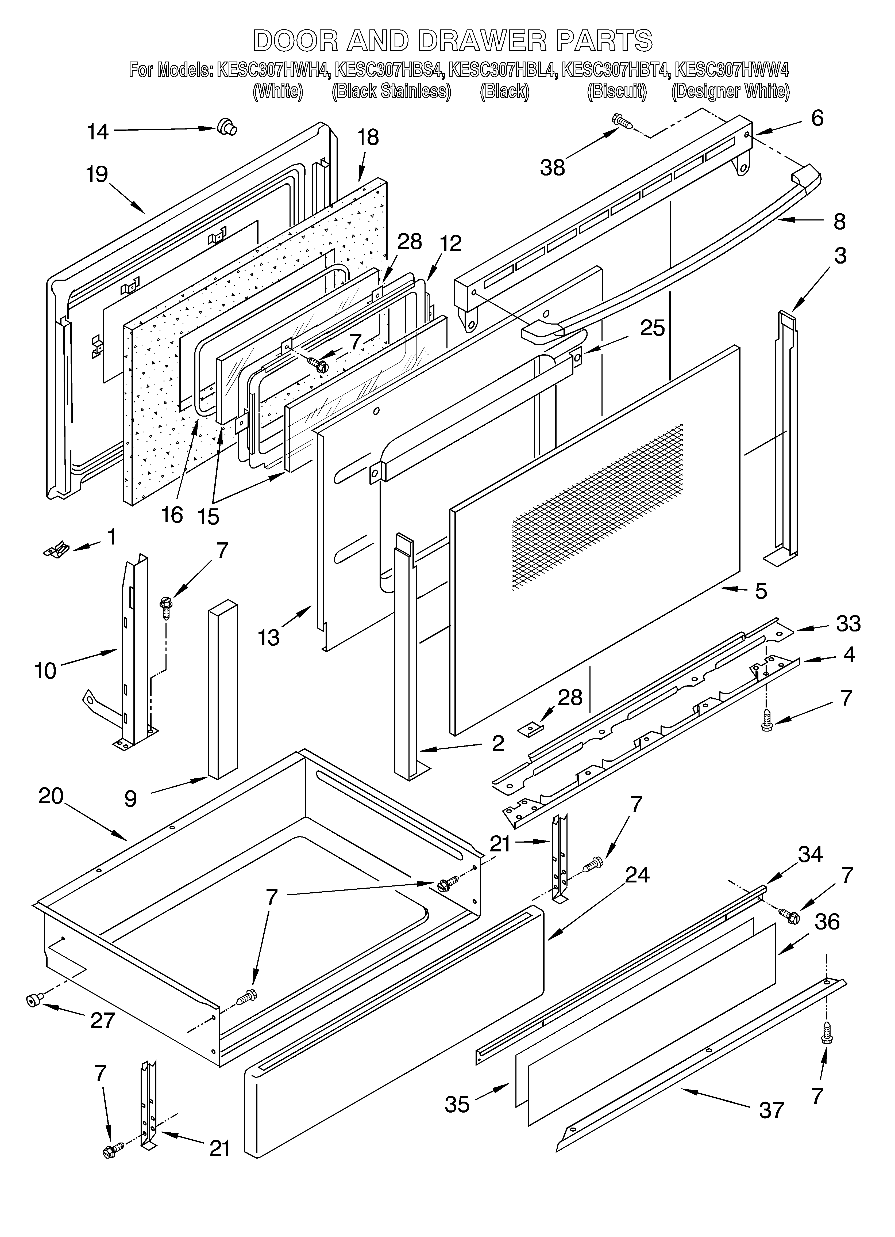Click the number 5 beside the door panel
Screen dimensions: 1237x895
coord(761,591)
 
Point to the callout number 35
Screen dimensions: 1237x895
coord(457,1090)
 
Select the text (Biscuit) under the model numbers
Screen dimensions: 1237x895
coord(616,91)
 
